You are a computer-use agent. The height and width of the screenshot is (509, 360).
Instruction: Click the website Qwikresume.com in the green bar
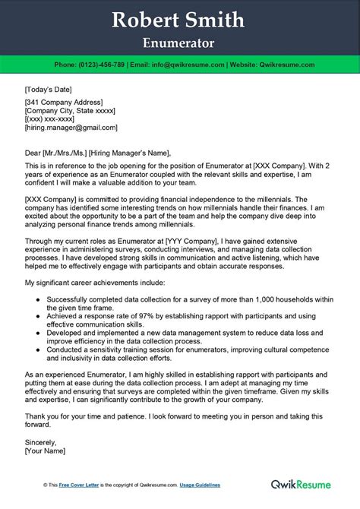287,65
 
